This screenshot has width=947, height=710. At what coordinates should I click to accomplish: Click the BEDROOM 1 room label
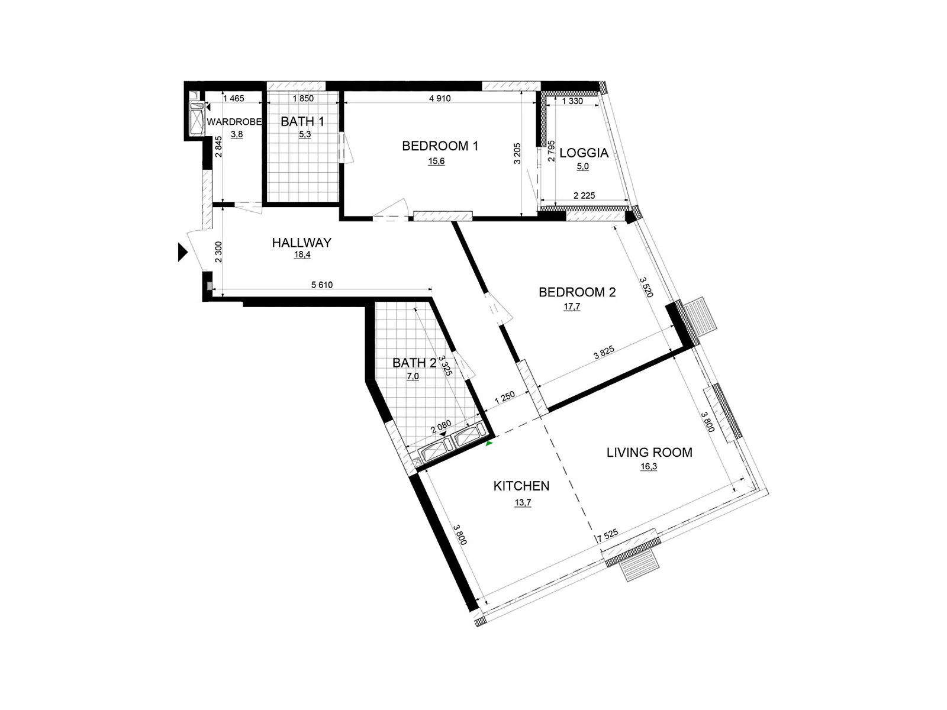pyautogui.click(x=440, y=146)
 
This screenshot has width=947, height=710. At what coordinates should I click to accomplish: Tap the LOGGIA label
pyautogui.click(x=584, y=153)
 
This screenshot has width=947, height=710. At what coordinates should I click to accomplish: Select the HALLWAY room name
pyautogui.click(x=301, y=243)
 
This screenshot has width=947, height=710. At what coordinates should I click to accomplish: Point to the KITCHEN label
pyautogui.click(x=521, y=486)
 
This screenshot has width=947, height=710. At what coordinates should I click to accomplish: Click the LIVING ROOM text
pyautogui.click(x=649, y=453)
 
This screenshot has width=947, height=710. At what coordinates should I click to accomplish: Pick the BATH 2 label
pyautogui.click(x=414, y=363)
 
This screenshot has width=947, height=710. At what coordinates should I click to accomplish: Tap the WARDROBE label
pyautogui.click(x=234, y=122)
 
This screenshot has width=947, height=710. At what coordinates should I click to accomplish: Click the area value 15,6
pyautogui.click(x=436, y=162)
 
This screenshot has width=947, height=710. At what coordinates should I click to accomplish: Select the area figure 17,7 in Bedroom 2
pyautogui.click(x=572, y=306)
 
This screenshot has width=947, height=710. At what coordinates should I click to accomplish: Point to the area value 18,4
pyautogui.click(x=302, y=255)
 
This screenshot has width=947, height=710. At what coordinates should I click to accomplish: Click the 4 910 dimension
pyautogui.click(x=440, y=99)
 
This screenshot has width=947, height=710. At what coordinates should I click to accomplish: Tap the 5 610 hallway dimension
pyautogui.click(x=322, y=285)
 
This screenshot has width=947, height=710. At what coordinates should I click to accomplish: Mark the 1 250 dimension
pyautogui.click(x=505, y=398)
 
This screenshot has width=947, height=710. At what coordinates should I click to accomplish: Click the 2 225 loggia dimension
pyautogui.click(x=584, y=196)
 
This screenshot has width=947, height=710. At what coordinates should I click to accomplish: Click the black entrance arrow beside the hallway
pyautogui.click(x=182, y=252)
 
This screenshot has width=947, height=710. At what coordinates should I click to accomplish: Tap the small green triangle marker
pyautogui.click(x=489, y=443)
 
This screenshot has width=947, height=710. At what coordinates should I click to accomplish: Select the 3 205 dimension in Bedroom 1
pyautogui.click(x=517, y=154)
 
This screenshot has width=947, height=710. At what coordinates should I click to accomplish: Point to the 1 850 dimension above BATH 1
pyautogui.click(x=303, y=99)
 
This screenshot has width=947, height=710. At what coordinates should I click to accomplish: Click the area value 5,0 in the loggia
pyautogui.click(x=583, y=167)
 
